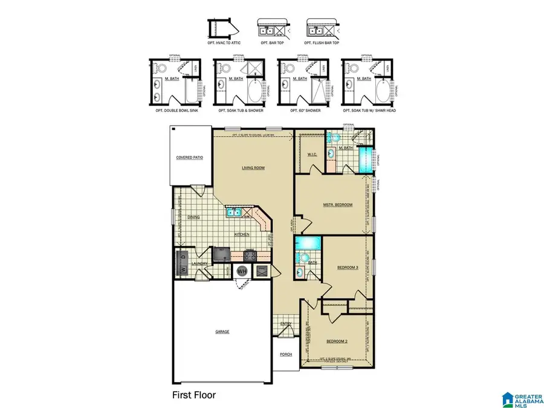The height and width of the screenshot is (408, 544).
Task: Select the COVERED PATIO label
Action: [189, 157]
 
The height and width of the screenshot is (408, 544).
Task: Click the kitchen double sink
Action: [235, 212]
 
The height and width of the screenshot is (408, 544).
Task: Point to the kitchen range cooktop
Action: [250, 254]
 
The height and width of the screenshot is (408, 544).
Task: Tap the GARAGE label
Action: [222, 332]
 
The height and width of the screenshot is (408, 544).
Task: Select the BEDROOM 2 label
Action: [337, 342]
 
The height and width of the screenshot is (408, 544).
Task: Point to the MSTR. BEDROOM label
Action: [337, 205]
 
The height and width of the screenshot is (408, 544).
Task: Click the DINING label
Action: [193, 217]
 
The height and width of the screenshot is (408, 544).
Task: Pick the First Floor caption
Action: [190, 395]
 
